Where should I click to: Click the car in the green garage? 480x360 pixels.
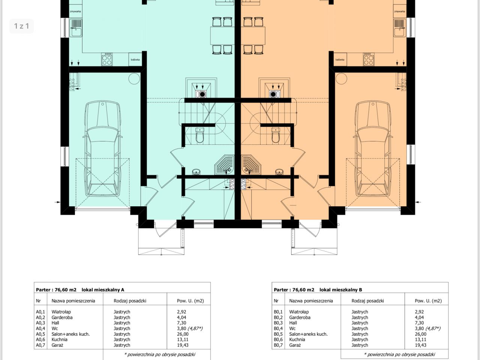point(102,148)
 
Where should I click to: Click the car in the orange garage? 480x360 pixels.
point(373,148)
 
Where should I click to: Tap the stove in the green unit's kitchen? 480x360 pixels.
point(107,59)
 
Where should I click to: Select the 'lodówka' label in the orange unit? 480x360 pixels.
point(340,60)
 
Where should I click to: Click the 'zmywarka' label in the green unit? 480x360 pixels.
point(75,11)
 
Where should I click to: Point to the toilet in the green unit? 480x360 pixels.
point(199,135)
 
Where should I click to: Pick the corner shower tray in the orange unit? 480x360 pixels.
point(251,165)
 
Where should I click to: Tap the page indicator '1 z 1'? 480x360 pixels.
point(22,26)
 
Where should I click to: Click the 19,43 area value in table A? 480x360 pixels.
point(183,345)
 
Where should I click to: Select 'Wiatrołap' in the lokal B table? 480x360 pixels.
point(299,312)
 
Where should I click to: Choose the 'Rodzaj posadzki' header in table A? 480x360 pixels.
point(130,301)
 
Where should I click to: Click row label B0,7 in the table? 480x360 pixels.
point(278,345)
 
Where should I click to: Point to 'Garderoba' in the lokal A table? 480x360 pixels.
point(62,317)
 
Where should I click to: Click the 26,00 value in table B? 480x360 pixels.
point(420,334)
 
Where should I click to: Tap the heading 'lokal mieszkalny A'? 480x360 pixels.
point(103,290)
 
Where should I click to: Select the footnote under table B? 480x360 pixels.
point(399,354)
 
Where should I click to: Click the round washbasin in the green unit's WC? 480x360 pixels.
point(196,172)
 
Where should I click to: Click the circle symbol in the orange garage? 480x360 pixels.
point(341,78)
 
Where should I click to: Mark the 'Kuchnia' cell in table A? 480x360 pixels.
point(60,339)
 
